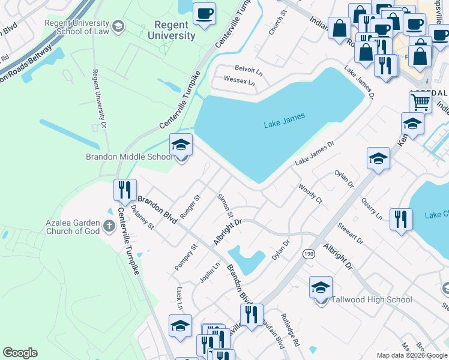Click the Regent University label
(175, 30)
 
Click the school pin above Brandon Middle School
(181, 145)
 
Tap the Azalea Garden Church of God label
(73, 227)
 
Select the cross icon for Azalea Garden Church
(109, 226)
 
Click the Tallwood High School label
(372, 299)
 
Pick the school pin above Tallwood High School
(321, 287)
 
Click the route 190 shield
(307, 254)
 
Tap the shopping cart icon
(420, 103)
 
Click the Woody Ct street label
(310, 193)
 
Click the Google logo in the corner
(20, 353)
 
